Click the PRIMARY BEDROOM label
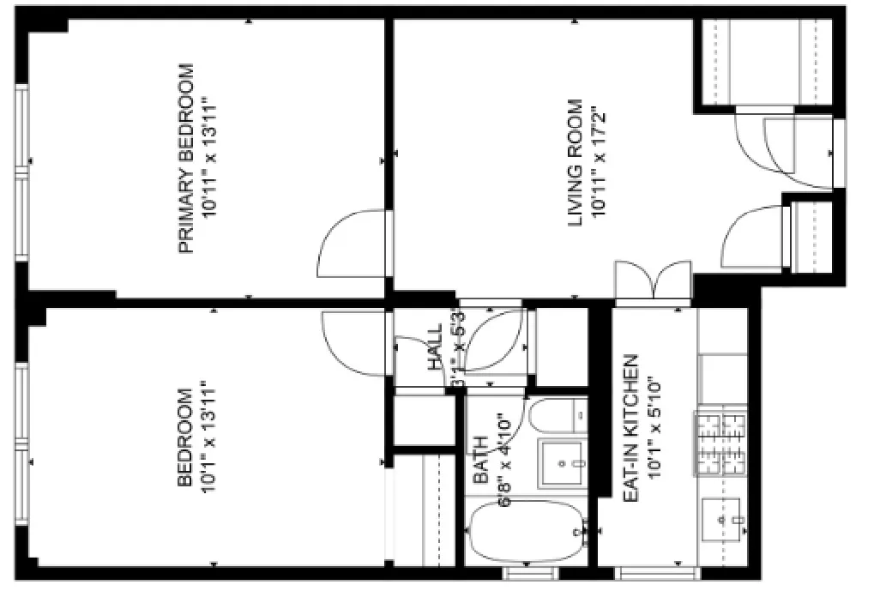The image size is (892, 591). tap(185, 159)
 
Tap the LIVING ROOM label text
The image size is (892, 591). tap(576, 165)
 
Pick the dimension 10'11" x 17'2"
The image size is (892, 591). tap(600, 165)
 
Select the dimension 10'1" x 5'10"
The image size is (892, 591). tap(656, 428)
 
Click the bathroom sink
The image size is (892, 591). tap(561, 464)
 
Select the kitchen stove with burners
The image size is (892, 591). tap(720, 443)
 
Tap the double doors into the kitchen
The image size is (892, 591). tap(653, 280)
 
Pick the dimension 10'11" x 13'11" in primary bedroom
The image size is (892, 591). tap(208, 159)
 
